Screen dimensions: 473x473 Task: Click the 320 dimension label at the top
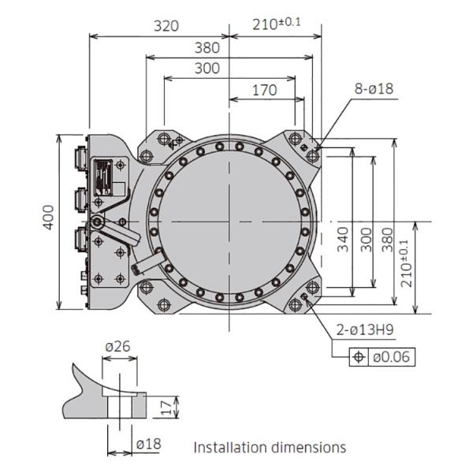[x=166, y=26]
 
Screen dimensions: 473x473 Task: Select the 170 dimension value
[x=264, y=90]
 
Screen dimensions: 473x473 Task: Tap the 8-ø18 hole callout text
[x=374, y=88]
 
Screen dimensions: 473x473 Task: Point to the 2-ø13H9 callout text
[x=365, y=330]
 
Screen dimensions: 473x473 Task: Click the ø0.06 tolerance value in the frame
[x=391, y=357]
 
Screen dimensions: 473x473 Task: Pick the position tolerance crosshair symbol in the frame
[x=359, y=357]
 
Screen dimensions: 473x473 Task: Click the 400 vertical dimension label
[x=48, y=218]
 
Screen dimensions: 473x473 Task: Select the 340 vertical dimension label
[x=343, y=240]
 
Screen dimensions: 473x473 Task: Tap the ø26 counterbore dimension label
[x=118, y=346]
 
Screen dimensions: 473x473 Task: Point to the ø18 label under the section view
[x=148, y=444]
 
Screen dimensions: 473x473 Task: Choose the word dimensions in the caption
[x=306, y=447]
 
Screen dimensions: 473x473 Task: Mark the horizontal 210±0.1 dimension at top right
[x=277, y=24]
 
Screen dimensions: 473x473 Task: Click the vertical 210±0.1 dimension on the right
[x=405, y=263]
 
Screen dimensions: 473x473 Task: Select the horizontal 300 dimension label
[x=207, y=69]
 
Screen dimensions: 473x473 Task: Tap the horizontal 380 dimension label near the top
[x=207, y=48]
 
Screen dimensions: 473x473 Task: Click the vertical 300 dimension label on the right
[x=367, y=240]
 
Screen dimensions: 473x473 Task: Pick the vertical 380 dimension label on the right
[x=388, y=240]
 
